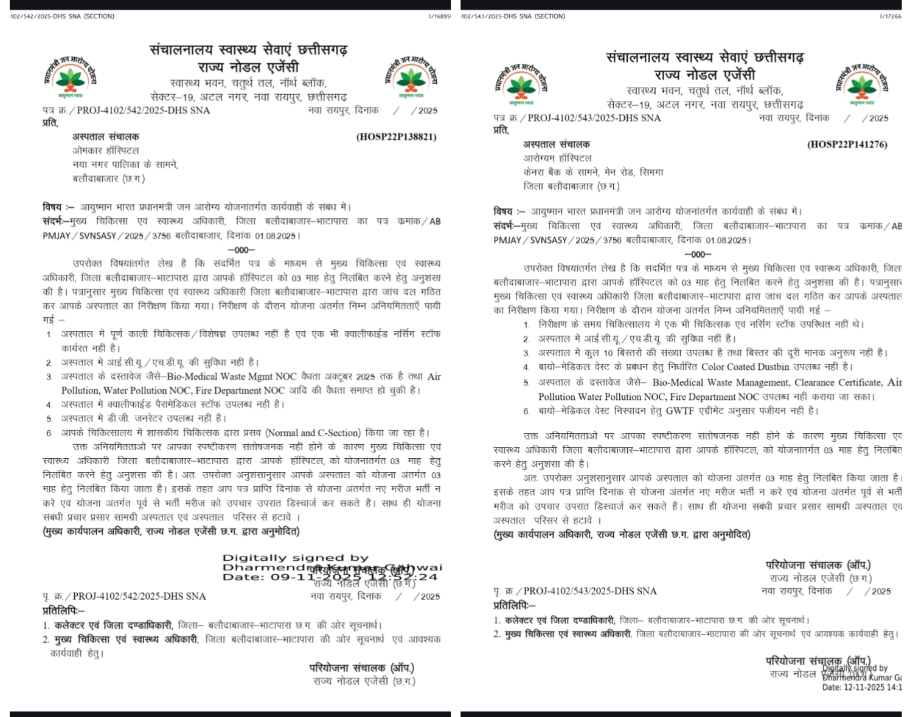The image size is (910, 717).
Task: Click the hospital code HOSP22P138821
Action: click(x=396, y=137)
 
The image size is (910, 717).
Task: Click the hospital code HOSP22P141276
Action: click(x=847, y=144)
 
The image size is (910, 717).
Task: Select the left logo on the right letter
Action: click(x=521, y=84)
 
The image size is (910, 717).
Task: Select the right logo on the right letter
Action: click(x=861, y=84)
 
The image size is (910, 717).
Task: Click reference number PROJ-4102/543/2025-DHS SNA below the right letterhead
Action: click(x=594, y=118)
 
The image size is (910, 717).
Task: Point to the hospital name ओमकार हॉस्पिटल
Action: click(x=106, y=151)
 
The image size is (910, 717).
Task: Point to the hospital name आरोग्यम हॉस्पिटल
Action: click(x=557, y=158)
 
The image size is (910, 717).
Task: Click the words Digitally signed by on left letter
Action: click(x=296, y=558)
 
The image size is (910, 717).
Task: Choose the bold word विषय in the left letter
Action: click(x=52, y=207)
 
